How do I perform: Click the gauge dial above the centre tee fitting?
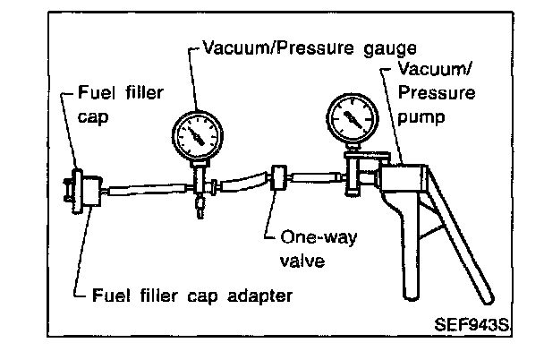(196, 136)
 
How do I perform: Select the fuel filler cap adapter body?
(89, 191)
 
